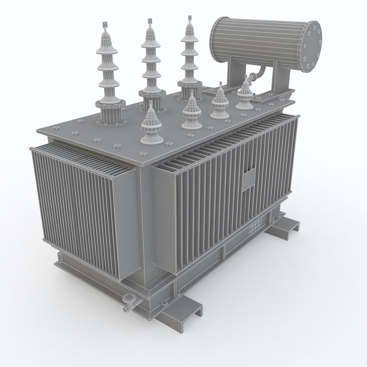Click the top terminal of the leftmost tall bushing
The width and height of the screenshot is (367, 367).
105,25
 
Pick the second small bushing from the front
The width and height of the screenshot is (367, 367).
192,112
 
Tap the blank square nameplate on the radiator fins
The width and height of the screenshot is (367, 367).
249,180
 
